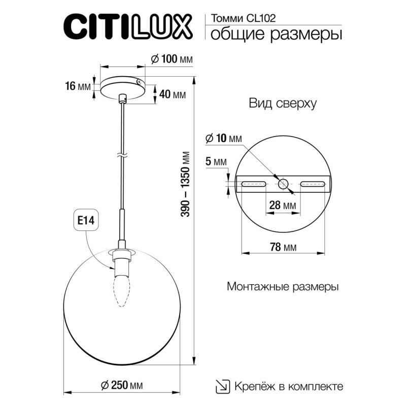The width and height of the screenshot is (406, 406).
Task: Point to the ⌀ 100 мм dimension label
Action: pos(172,59)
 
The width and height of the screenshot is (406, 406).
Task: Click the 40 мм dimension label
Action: pos(172,94)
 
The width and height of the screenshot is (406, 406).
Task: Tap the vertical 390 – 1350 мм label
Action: pos(186,185)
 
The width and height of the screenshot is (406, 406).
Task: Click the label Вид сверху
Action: pos(283,104)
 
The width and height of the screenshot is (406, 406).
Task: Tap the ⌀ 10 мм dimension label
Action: pos(224,138)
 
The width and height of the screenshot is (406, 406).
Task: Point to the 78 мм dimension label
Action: pos(283,247)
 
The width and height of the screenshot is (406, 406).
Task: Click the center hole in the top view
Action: pos(283,184)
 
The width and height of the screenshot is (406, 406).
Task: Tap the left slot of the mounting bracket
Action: pos(252,184)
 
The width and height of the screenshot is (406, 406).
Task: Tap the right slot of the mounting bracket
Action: pos(313,184)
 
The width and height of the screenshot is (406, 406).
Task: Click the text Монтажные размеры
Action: pos(283,286)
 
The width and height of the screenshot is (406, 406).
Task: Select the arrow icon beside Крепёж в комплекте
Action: pos(222,386)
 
